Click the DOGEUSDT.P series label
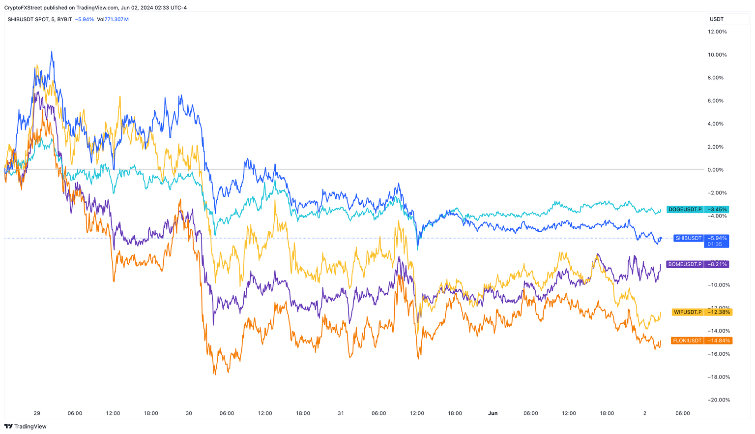[x=685, y=210]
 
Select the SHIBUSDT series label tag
[x=688, y=238]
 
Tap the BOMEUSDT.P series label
[x=685, y=264]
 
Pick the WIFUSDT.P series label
[x=688, y=312]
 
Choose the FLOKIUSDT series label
[x=688, y=341]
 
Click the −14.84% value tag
[x=719, y=341]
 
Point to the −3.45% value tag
[x=717, y=210]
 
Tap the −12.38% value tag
[x=719, y=312]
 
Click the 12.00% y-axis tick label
[x=717, y=31]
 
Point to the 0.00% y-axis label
[x=716, y=170]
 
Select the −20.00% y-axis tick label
[x=718, y=400]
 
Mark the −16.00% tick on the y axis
[x=718, y=354]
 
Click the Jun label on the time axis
[x=493, y=413]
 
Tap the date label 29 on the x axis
[x=37, y=413]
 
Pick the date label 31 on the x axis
[x=341, y=413]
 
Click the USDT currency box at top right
[x=717, y=19]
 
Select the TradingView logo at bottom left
[x=25, y=427]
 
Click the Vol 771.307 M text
[x=113, y=19]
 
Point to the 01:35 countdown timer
[x=715, y=244]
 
